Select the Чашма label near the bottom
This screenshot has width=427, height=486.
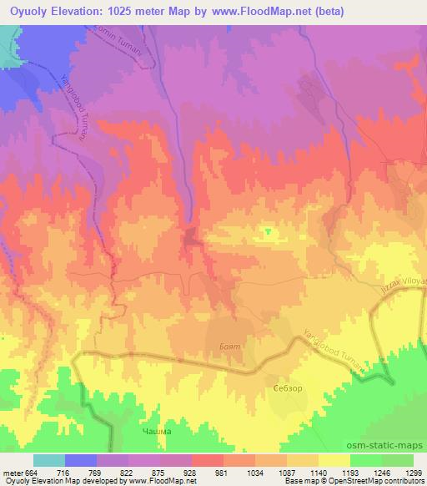point(157,431)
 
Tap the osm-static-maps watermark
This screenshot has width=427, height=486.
point(393,444)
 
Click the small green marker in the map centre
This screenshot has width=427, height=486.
point(268,231)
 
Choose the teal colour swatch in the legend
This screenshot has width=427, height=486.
point(49,460)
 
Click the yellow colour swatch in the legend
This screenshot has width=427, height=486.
point(334,460)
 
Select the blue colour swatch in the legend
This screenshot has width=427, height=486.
point(81,460)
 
